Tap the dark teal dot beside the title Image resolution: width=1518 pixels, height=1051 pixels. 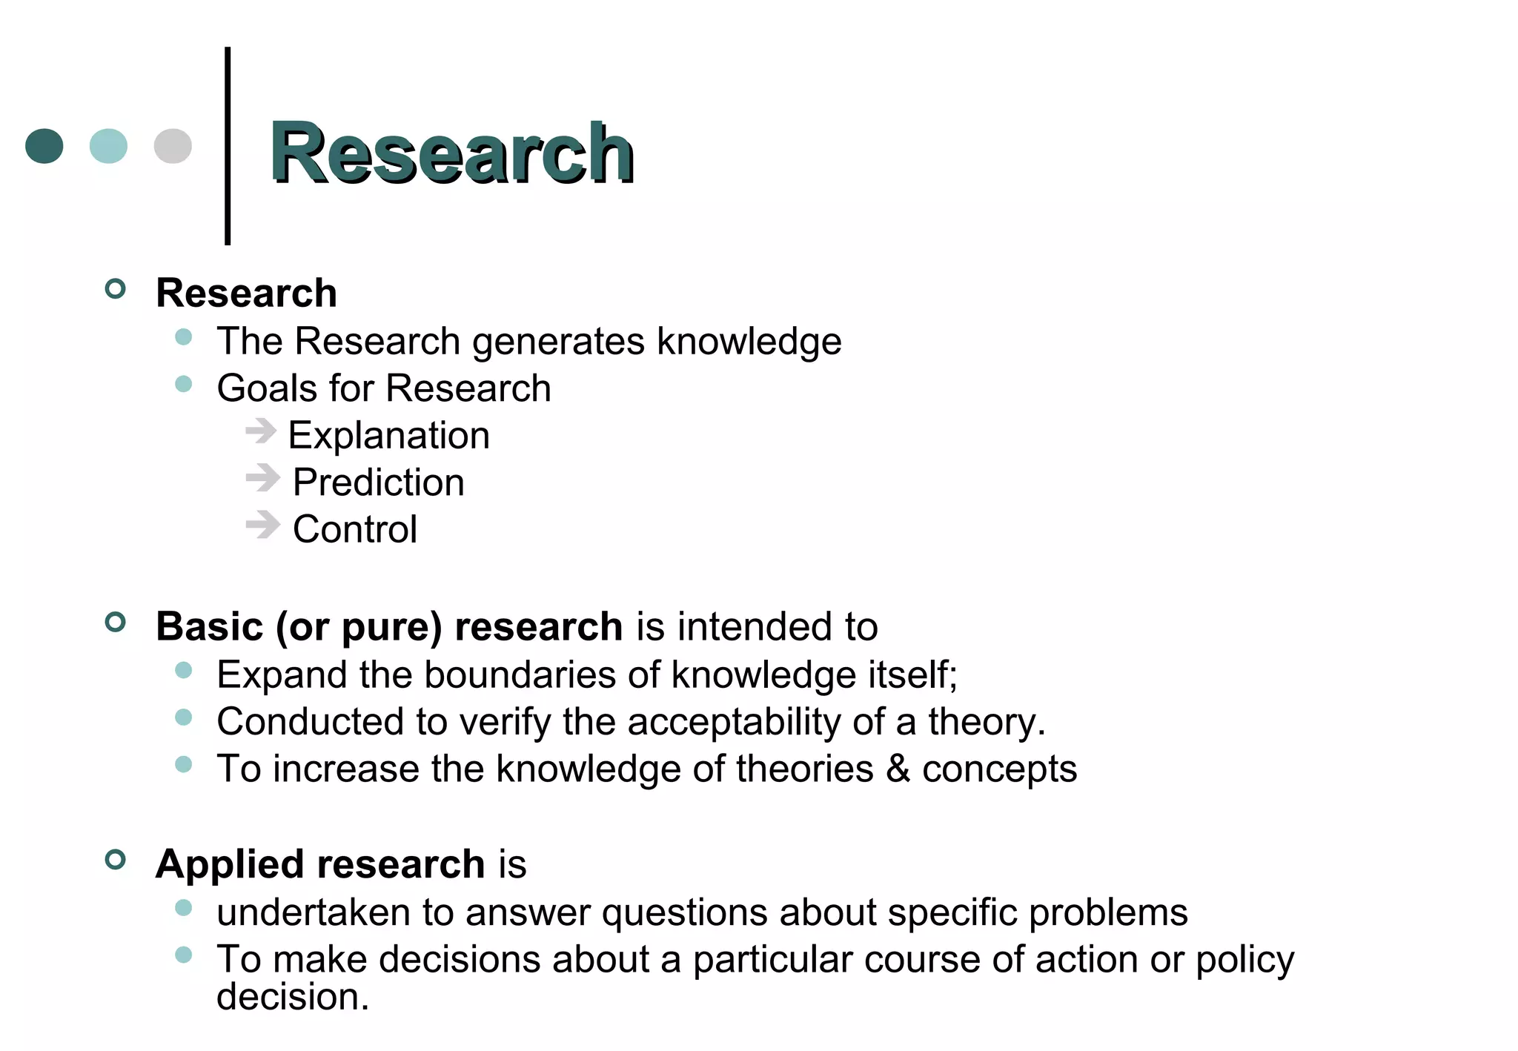pos(44,146)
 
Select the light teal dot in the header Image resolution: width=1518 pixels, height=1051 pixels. pos(108,146)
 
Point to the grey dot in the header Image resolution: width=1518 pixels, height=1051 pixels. pos(173,146)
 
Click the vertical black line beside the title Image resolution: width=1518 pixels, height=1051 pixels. pos(228,146)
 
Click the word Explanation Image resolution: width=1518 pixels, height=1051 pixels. pos(389,436)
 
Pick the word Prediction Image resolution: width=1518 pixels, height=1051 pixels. pos(379,483)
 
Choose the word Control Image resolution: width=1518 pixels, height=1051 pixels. pos(355,529)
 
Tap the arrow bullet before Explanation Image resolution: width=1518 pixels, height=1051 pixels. pos(262,431)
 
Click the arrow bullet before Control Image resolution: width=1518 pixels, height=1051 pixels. pos(263,525)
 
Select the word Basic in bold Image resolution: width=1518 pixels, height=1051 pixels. pos(210,627)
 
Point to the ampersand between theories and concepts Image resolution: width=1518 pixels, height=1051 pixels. pos(898,769)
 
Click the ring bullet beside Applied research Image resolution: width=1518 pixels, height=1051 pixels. pos(116,860)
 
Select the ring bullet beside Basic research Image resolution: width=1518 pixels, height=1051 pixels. pos(116,622)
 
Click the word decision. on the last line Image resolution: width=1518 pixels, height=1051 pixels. pos(293,997)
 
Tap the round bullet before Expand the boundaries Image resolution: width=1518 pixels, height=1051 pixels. pos(184,671)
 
